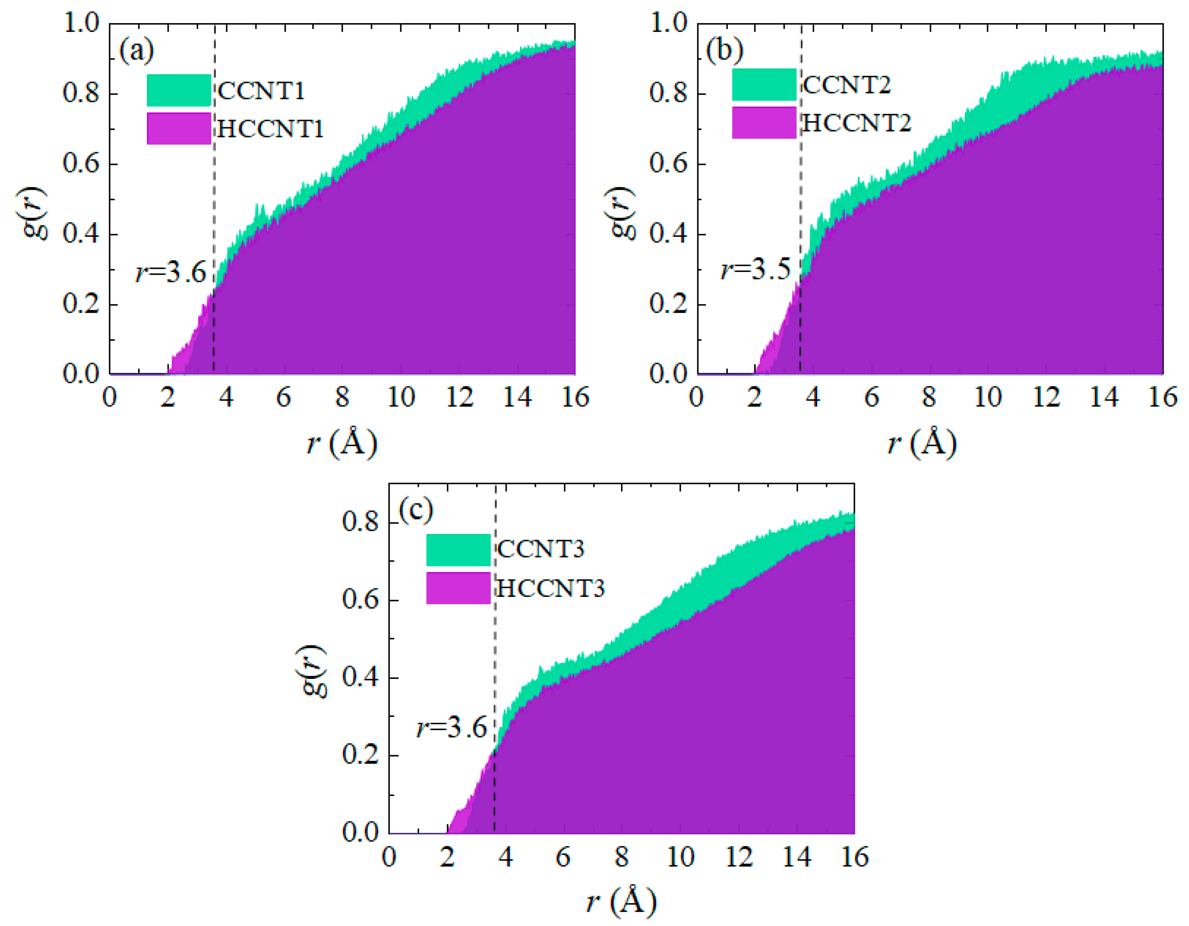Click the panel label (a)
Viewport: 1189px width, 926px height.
pos(137,51)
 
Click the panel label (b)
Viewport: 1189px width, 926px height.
pos(724,50)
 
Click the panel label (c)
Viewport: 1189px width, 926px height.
pos(416,510)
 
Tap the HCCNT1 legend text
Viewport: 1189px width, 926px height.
pos(270,129)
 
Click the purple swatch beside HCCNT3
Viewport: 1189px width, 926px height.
pos(458,588)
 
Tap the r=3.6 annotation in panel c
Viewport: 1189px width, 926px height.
pos(451,728)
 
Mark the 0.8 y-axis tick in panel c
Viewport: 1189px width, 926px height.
pos(360,522)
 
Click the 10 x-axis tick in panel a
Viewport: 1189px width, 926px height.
pos(401,398)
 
